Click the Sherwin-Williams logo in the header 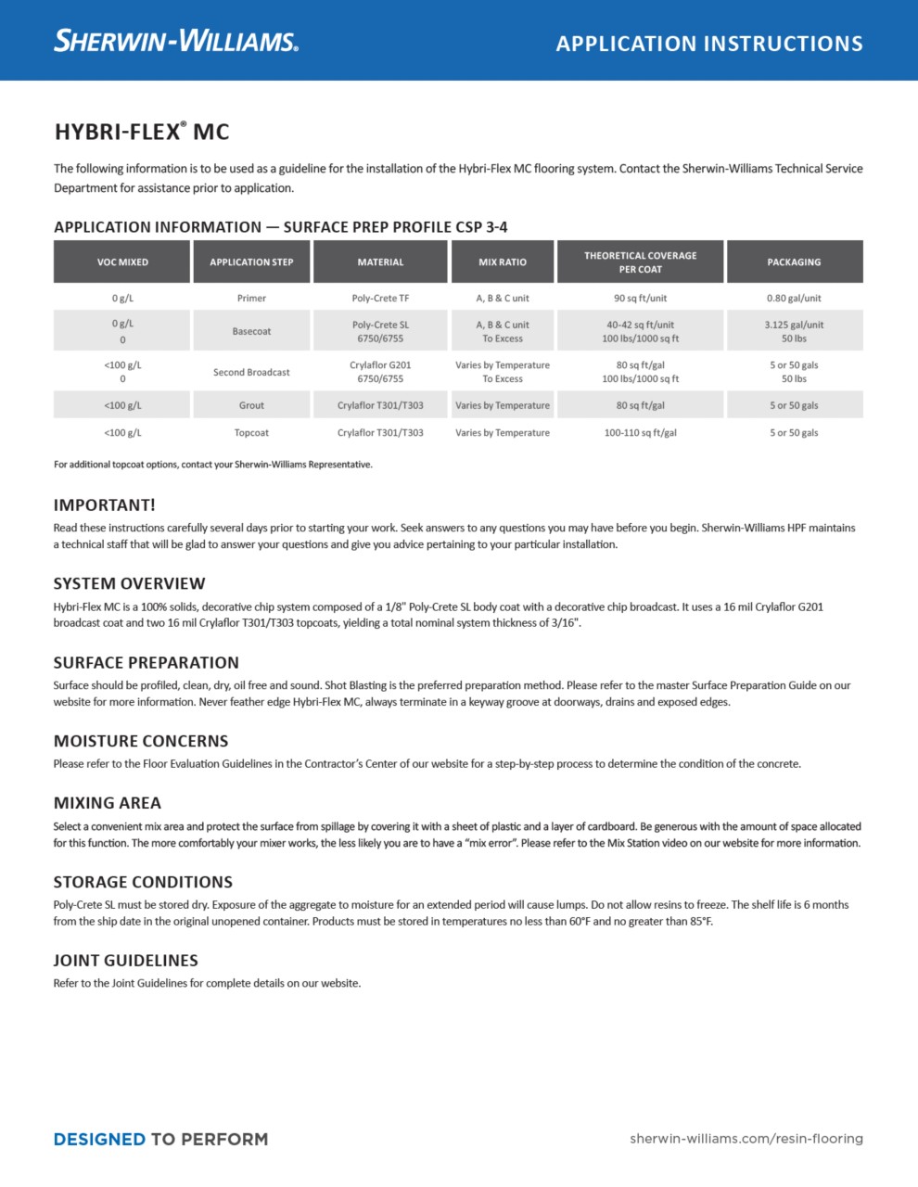[176, 41]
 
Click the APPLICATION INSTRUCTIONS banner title [709, 44]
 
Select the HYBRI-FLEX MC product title [141, 132]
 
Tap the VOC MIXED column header [122, 262]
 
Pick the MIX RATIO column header [503, 262]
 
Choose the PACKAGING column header [794, 262]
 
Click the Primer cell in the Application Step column [251, 299]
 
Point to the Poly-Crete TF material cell [380, 299]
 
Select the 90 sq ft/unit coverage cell [640, 299]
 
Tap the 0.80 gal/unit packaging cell [794, 299]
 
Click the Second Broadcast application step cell [251, 372]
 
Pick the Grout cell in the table [251, 405]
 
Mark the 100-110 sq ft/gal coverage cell [640, 433]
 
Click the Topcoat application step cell [251, 433]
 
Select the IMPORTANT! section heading [104, 505]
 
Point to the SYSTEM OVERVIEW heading [129, 584]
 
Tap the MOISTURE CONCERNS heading [140, 742]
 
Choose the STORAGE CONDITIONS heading [143, 882]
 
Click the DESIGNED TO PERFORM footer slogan [160, 1139]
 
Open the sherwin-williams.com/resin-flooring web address [746, 1139]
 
